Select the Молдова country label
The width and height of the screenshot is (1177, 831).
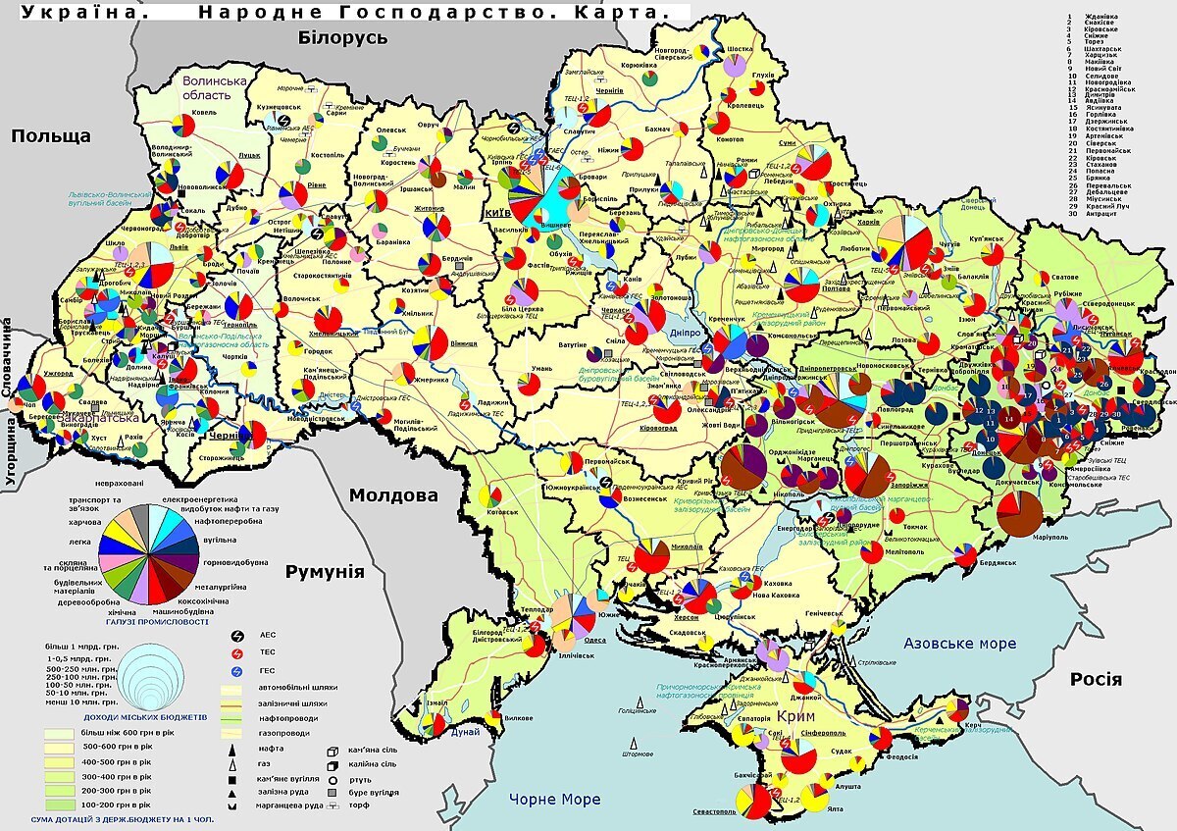pos(394,494)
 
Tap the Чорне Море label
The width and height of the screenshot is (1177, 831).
pos(554,799)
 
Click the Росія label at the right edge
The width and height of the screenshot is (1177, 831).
pos(1096,679)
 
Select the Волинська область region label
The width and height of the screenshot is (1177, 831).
pos(206,88)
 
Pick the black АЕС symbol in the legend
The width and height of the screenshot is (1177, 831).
pos(235,635)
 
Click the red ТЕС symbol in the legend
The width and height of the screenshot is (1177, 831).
pos(235,652)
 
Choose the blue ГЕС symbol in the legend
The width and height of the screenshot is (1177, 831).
pos(235,671)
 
